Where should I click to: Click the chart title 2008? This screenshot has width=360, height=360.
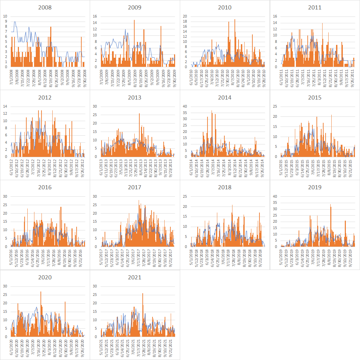[x=45, y=7]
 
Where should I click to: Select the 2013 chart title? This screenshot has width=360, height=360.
[x=135, y=98]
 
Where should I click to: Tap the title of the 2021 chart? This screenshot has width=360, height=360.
[x=135, y=277]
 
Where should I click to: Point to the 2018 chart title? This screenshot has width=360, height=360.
[x=225, y=187]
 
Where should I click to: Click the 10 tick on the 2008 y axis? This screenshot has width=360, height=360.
[x=5, y=16]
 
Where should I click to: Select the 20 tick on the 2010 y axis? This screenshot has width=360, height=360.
[x=185, y=16]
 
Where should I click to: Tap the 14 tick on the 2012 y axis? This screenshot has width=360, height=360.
[x=5, y=106]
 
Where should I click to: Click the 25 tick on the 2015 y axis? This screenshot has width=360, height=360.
[x=275, y=106]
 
